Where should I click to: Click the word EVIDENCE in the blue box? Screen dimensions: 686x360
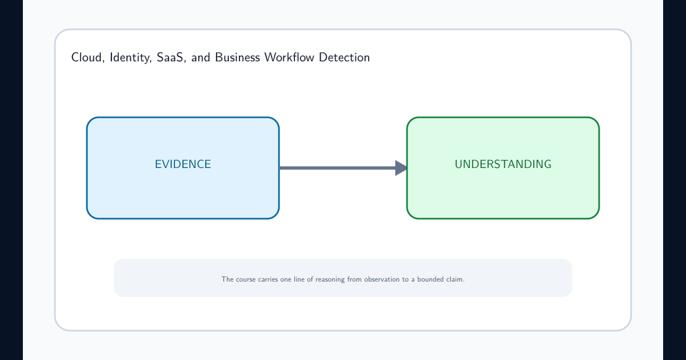click(183, 165)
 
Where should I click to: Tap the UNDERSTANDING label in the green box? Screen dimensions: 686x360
click(503, 165)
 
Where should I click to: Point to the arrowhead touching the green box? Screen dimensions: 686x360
click(401, 168)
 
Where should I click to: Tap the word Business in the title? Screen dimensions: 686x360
click(237, 57)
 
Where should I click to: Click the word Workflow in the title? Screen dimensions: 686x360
click(289, 57)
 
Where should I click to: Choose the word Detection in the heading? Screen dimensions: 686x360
click(344, 57)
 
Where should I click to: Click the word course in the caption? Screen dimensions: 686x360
click(246, 279)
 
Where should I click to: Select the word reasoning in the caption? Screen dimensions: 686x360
click(330, 280)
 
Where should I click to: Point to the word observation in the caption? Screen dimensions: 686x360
click(382, 279)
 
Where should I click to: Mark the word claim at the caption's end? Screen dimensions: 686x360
click(455, 279)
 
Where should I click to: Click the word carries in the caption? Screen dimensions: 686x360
click(268, 279)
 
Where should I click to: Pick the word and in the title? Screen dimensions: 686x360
click(201, 58)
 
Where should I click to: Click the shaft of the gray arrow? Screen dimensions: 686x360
click(337, 168)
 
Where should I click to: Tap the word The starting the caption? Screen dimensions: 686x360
click(228, 279)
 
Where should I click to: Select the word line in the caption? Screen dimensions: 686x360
click(299, 279)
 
